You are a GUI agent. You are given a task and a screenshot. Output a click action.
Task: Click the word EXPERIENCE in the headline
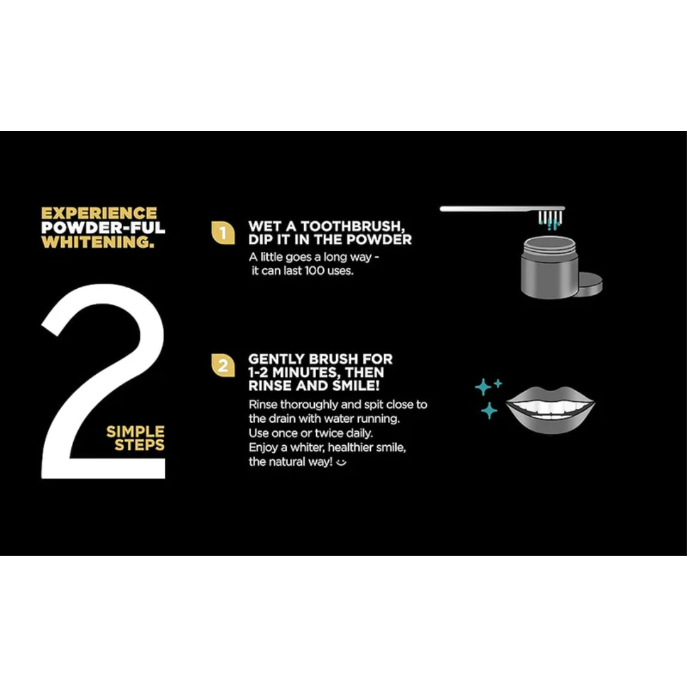99,213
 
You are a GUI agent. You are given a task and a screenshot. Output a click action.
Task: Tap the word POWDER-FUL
103,227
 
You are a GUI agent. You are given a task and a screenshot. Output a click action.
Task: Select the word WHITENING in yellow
98,242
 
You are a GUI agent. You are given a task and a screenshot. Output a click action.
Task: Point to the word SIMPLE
135,431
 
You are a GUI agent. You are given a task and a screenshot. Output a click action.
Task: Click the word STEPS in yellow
139,445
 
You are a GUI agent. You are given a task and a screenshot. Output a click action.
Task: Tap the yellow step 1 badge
223,232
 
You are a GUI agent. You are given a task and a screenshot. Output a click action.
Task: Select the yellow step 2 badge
223,365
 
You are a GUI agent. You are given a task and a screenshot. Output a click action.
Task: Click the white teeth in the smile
550,408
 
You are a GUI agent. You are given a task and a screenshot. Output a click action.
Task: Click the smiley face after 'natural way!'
342,462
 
